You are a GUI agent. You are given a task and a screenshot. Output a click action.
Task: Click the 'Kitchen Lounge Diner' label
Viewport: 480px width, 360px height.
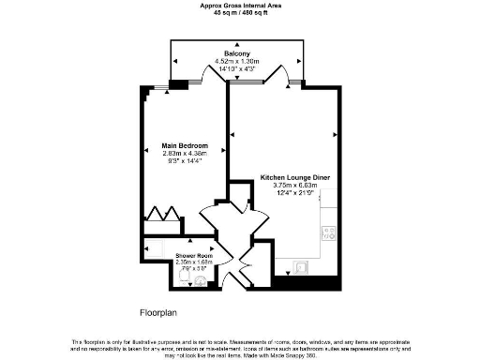294,177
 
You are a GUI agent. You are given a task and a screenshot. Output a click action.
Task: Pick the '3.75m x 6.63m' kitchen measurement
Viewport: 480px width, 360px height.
294,185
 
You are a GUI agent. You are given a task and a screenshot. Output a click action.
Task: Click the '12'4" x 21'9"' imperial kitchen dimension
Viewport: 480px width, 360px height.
294,192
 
